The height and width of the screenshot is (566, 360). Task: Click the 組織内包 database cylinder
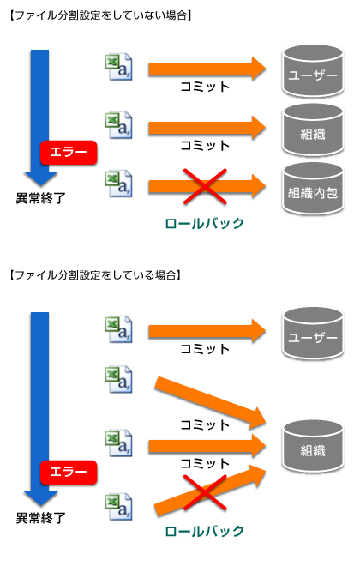[x=312, y=189]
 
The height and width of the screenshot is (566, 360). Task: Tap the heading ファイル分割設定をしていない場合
[x=100, y=15]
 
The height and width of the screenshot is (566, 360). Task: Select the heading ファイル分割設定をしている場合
[x=94, y=275]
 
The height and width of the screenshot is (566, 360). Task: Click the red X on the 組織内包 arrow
[x=205, y=187]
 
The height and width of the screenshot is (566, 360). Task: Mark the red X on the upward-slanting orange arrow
[x=205, y=492]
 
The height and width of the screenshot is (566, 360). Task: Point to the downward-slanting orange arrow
[x=210, y=402]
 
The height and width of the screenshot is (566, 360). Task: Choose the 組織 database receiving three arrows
[x=312, y=446]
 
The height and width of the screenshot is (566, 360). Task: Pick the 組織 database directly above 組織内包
[x=312, y=130]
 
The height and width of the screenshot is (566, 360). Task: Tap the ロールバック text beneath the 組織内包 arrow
[x=205, y=224]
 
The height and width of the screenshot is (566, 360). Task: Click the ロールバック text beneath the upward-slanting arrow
[x=205, y=532]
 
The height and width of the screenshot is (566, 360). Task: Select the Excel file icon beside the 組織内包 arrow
[x=118, y=184]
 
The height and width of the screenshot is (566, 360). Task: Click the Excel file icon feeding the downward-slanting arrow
[x=118, y=380]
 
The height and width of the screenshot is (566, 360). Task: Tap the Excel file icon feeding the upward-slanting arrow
[x=118, y=507]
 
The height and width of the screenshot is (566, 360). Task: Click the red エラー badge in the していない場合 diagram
[x=69, y=153]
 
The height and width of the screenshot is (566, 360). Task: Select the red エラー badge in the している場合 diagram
[x=69, y=473]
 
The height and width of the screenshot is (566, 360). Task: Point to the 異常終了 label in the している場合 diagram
[x=41, y=518]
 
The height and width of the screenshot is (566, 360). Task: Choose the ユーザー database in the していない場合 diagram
[x=312, y=71]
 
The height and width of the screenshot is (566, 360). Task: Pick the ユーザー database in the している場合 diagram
[x=312, y=334]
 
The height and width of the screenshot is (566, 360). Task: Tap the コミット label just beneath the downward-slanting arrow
[x=205, y=424]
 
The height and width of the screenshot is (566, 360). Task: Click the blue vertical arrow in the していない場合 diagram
[x=40, y=118]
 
